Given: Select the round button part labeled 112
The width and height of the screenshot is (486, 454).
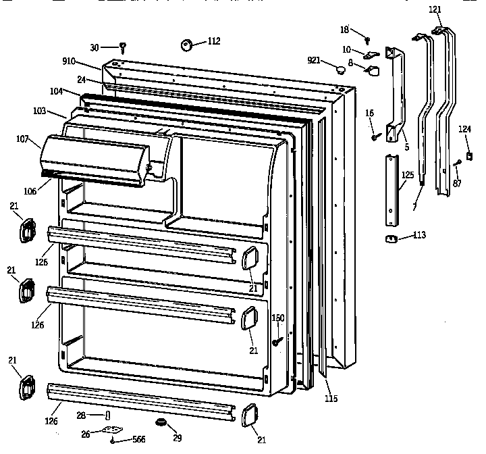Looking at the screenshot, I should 186,45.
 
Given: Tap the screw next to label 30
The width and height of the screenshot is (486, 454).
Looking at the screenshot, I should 124,47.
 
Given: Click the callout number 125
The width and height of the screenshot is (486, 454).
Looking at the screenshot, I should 407,175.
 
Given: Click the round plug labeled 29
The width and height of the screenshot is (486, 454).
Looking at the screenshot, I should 161,423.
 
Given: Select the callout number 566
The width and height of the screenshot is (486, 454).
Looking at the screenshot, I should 138,439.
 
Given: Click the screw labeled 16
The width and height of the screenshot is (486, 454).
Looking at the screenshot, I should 373,137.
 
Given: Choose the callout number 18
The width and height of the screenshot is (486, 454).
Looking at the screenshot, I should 344,30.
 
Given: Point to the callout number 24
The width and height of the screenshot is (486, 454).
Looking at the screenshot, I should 80,79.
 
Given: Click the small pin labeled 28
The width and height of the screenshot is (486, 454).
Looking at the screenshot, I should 106,414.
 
